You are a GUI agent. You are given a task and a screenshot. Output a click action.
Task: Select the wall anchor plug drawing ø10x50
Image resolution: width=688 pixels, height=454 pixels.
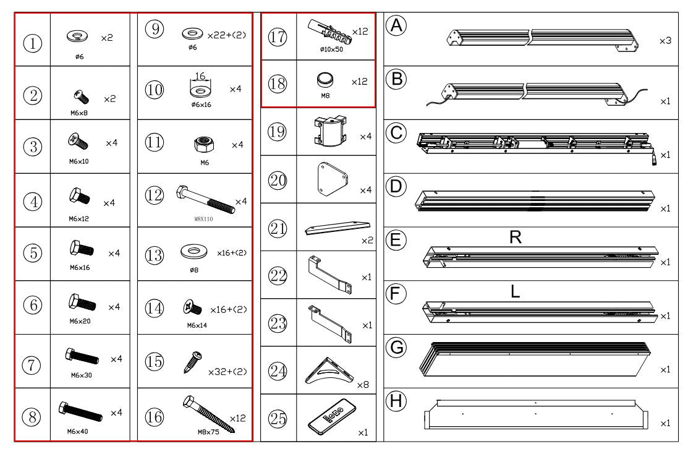tap(328, 31)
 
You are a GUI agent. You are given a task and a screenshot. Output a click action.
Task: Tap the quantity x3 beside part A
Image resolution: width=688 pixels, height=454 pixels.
tap(665, 40)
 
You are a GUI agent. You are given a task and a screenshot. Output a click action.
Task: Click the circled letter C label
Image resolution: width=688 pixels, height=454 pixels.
tap(395, 132)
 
